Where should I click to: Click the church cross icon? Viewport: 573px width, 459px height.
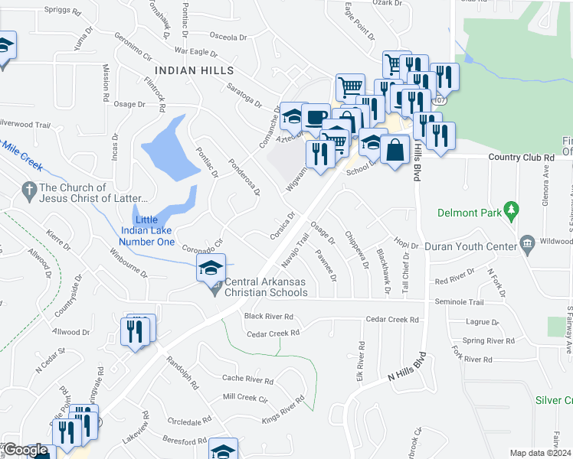pyautogui.click(x=29, y=189)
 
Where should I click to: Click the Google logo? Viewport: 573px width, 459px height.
pyautogui.click(x=25, y=450)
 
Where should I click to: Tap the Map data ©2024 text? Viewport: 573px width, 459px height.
pyautogui.click(x=540, y=452)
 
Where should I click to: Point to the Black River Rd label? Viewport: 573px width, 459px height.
pyautogui.click(x=268, y=316)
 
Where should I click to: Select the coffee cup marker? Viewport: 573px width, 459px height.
pyautogui.click(x=315, y=117)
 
